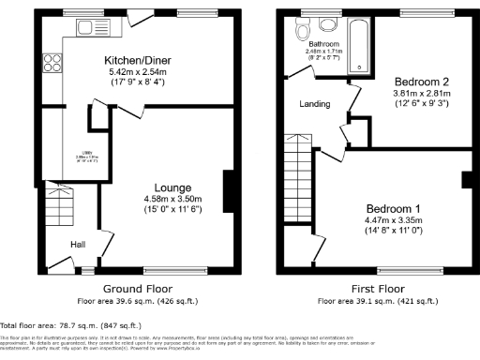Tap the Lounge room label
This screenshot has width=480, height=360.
pos(148,187)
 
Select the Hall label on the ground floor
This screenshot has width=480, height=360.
pos(79,245)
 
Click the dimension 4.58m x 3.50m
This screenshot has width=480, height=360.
pos(148,200)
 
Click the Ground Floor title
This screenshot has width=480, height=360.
pos(135,288)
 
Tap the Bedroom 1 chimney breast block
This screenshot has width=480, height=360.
pos(466,180)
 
